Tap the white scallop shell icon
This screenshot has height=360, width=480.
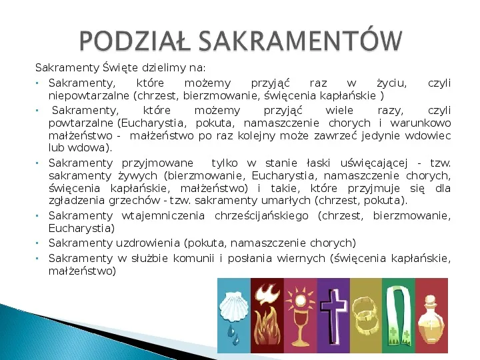coord(234,297)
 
